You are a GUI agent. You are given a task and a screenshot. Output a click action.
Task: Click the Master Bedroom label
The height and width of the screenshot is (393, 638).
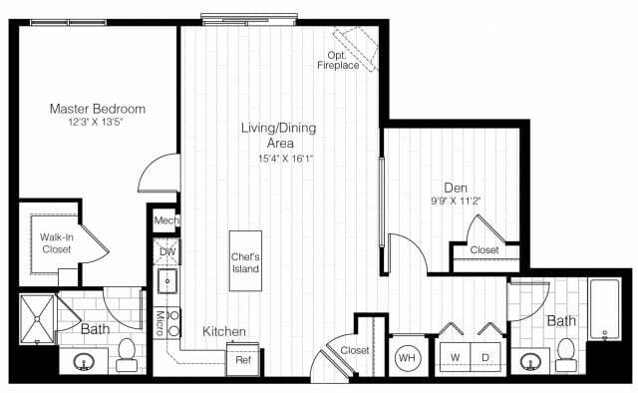pos(99,108)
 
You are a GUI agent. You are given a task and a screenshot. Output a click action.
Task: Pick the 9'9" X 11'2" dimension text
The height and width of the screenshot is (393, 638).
pos(458,199)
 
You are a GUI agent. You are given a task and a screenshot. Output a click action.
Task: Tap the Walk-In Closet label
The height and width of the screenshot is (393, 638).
pos(56,243)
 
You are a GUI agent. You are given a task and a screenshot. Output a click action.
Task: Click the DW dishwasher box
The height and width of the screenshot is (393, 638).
pos(166,252)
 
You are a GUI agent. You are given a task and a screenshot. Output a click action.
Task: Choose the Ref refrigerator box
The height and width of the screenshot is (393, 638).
pos(243,358)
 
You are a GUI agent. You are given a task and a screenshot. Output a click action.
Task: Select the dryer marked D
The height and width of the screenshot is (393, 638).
pos(487,356)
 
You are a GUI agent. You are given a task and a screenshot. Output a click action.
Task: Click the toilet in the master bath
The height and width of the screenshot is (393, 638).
pos(127,350)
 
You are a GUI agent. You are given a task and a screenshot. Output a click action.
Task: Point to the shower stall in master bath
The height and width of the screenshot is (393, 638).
pos(37,318)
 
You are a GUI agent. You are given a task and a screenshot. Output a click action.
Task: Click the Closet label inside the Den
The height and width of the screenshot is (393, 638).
pos(484,251)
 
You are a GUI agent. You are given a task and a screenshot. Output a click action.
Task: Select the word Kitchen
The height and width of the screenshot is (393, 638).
pos(225,331)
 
